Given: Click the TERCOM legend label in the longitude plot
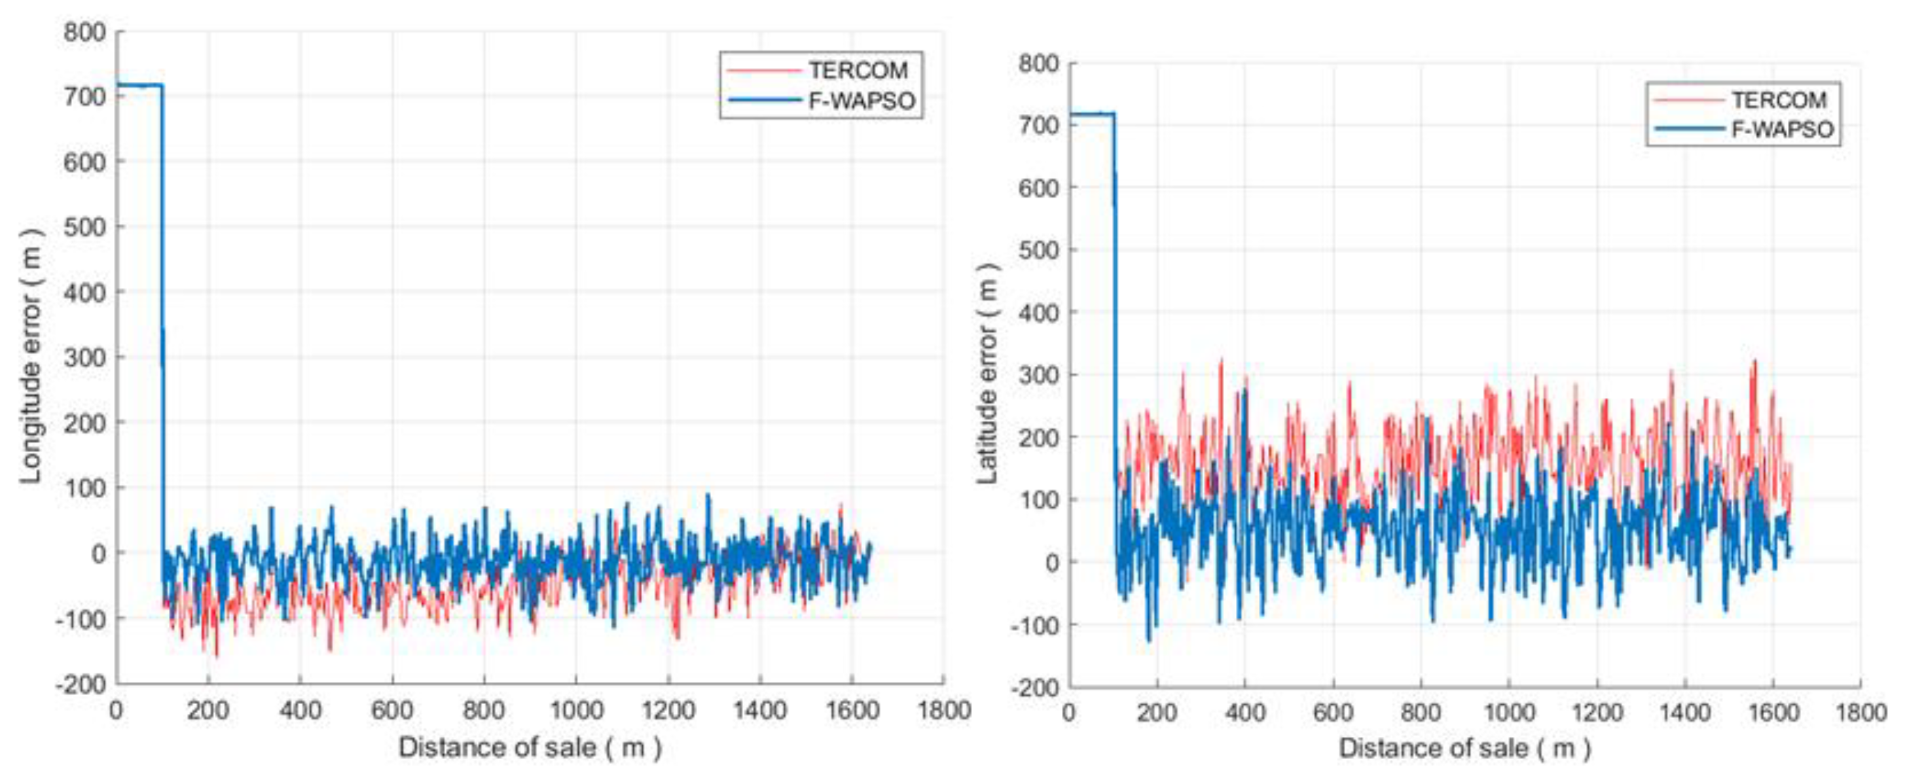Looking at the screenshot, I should (x=858, y=70).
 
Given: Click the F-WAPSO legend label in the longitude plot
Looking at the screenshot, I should (x=862, y=101).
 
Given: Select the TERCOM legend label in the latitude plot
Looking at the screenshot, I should (x=1779, y=99).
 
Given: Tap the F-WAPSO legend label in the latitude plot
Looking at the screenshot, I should (x=1782, y=130).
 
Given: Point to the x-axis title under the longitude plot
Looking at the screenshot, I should (x=530, y=747).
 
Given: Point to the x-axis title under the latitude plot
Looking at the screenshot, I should (x=1464, y=748).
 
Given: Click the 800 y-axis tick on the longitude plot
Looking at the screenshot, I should (x=84, y=32).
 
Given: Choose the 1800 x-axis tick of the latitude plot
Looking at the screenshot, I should (x=1860, y=713).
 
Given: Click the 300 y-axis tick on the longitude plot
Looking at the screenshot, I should (x=84, y=357).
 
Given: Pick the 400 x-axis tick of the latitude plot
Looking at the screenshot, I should (x=1244, y=713).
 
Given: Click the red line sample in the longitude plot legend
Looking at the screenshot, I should (x=763, y=70).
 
